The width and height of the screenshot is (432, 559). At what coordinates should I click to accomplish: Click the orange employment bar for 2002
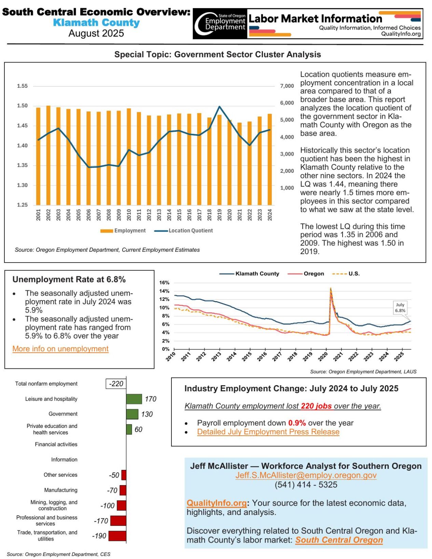pos(48,155)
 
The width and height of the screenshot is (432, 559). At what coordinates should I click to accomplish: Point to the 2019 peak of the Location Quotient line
pos(219,107)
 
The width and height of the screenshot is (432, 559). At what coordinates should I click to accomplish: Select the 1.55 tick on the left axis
pos(22,86)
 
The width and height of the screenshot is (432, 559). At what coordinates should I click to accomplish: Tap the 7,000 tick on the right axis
pos(287,86)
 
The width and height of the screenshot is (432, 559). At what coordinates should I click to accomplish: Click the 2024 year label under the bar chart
pos(270,215)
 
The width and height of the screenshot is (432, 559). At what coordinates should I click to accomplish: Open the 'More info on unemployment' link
pos(60,349)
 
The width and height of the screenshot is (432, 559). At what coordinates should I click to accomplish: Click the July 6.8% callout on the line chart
pos(400,308)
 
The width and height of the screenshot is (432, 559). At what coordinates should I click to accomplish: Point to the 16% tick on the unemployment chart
pos(164,283)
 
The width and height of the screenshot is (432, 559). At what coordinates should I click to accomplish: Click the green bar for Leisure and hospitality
pos(134,399)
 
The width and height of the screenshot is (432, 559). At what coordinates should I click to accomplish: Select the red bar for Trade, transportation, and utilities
pos(117,536)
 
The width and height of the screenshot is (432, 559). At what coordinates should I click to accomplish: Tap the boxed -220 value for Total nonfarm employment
pos(116,384)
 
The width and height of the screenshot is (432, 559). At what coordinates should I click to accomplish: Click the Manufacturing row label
pos(61,490)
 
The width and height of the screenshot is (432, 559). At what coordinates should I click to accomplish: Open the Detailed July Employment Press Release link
pos(268,432)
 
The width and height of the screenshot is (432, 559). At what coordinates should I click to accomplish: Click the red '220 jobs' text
pos(316,406)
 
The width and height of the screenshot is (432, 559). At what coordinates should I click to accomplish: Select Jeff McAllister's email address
pos(306,475)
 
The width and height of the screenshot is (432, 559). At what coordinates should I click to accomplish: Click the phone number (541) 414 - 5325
pos(306,485)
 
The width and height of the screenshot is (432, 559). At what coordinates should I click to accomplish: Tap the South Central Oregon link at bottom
pos(339,540)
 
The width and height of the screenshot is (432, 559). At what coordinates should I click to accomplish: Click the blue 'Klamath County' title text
pos(96,23)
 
